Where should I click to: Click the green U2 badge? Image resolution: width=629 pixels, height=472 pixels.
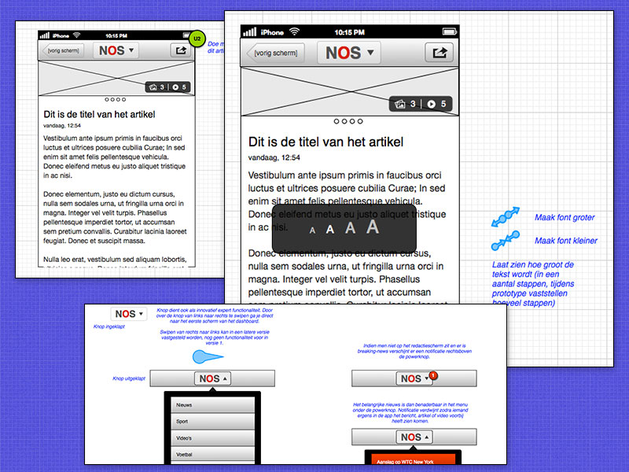[x=197, y=39]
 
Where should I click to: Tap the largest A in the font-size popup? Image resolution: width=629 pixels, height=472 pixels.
[x=373, y=227]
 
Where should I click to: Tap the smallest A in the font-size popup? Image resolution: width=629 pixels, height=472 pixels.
[x=312, y=230]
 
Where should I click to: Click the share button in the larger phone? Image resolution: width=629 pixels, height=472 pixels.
[x=440, y=53]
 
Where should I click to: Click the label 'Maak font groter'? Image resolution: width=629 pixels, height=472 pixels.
[x=565, y=218]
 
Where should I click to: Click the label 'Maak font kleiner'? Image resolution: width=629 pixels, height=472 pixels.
[x=565, y=241]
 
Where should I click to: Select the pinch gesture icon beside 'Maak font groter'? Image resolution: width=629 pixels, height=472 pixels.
[x=506, y=215]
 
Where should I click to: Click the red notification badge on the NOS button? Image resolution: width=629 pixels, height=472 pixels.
[x=433, y=375]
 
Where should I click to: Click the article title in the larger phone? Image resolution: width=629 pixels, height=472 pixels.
[x=326, y=142]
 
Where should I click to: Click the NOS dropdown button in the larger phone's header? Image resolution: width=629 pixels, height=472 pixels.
[x=348, y=53]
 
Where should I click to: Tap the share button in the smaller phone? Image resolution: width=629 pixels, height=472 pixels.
[x=181, y=50]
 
